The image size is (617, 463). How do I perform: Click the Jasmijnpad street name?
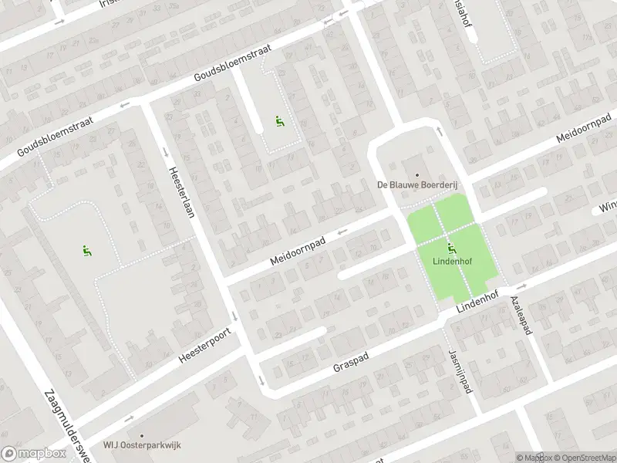460,370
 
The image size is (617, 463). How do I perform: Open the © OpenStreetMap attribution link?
583,458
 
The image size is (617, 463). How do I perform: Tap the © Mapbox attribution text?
534,458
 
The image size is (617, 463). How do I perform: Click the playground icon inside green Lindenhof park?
451,248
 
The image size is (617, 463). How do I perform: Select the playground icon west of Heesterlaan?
86,249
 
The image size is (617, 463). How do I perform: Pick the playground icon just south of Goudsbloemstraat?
278,121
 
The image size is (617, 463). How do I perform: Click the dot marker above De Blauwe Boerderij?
416,174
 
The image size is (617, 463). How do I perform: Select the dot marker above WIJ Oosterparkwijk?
142,435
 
